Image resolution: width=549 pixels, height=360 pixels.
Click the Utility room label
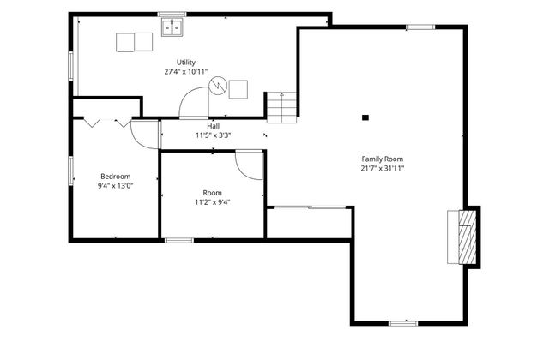[186, 63]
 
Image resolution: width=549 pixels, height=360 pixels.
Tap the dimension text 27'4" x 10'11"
[186, 72]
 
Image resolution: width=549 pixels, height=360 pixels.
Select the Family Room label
[383, 159]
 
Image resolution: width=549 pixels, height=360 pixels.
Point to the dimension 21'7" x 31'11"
[383, 168]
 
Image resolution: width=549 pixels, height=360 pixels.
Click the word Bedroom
[116, 177]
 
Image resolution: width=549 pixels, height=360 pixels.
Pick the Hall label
[213, 126]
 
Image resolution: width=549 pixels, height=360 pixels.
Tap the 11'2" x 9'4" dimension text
[213, 202]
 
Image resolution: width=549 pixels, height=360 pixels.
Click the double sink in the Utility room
[172, 27]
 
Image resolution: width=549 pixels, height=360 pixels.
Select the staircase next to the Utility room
[282, 107]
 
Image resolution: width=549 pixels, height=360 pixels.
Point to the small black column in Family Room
[365, 117]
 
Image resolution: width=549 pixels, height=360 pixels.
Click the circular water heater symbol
[218, 85]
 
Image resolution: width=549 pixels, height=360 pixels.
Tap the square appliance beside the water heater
[238, 89]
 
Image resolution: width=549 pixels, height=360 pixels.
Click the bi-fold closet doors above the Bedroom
[107, 123]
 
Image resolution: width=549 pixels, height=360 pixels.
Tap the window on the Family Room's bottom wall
[403, 324]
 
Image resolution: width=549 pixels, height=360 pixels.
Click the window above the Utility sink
[172, 15]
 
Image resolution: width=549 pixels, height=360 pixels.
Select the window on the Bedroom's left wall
[70, 171]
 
